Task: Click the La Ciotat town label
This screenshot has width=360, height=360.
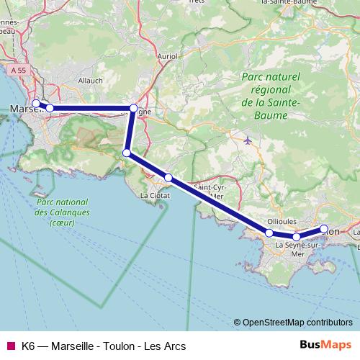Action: [x=155, y=194]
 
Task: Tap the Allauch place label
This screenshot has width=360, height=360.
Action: [x=91, y=81]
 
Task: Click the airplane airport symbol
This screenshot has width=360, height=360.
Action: [x=248, y=140]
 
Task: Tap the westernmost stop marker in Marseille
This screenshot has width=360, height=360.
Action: [x=36, y=104]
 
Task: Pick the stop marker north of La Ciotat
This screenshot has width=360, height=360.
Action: [x=168, y=177]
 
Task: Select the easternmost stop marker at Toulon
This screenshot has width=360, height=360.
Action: [x=324, y=230]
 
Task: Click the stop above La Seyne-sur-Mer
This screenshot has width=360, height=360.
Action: [x=296, y=237]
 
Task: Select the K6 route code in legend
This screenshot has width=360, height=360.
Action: [x=29, y=346]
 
